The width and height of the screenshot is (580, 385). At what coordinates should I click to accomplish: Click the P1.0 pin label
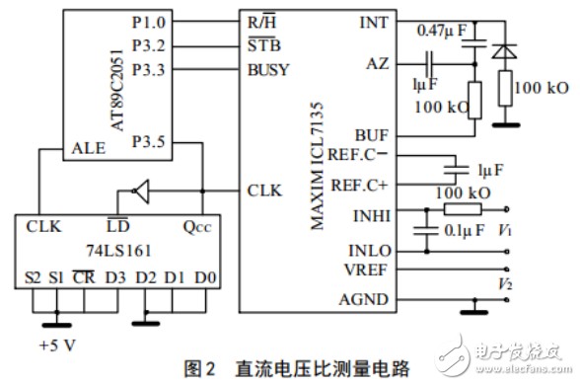[x=149, y=23]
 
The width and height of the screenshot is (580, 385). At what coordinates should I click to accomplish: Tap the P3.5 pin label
[x=149, y=142]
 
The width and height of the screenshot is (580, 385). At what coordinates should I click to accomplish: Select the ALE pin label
[x=89, y=148]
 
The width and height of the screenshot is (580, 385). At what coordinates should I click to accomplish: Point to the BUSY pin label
[x=268, y=70]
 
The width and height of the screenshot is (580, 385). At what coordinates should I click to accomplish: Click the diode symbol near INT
[x=504, y=51]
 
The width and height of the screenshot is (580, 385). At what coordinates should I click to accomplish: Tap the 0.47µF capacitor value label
[x=442, y=31]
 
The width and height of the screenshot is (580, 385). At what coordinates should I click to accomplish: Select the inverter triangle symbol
[x=141, y=192]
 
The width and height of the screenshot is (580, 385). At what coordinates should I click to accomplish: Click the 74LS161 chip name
[x=118, y=251]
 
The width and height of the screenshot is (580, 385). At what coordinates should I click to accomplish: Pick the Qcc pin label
[x=197, y=226]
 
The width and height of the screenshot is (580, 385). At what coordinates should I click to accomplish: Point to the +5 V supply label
[x=57, y=346]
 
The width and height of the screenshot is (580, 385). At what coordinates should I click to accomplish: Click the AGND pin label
[x=364, y=299]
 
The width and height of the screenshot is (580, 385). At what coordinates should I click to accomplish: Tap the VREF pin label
[x=366, y=269]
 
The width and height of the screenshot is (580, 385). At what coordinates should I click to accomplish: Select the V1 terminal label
[x=505, y=230]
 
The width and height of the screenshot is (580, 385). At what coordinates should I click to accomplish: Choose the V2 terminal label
[x=505, y=284]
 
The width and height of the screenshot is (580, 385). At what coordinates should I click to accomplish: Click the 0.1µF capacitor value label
[x=465, y=230]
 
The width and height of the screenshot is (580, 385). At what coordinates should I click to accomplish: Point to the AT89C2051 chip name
[x=118, y=91]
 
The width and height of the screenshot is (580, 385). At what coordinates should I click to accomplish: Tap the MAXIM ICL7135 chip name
[x=317, y=166]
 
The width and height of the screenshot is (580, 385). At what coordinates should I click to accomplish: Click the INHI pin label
[x=372, y=216]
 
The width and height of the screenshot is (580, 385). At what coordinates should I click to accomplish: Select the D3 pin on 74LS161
[x=115, y=277]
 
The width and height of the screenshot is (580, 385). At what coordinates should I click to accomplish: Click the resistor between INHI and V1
[x=463, y=209]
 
